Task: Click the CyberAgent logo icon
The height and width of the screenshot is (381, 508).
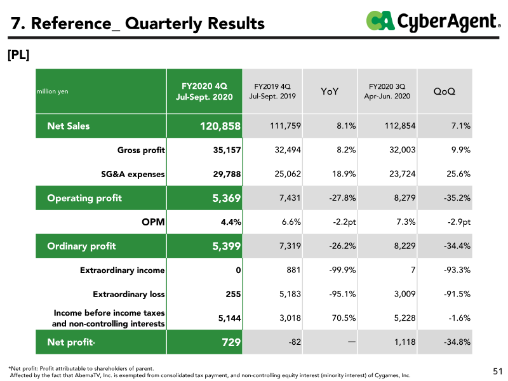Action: (380, 20)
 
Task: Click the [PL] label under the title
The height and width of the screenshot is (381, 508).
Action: (18, 55)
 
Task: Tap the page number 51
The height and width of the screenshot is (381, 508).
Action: (498, 371)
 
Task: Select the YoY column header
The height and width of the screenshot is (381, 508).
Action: (330, 91)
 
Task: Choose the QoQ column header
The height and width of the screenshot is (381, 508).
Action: (444, 91)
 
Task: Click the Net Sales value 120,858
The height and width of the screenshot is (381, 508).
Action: (220, 126)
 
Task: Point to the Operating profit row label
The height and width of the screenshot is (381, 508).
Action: (84, 198)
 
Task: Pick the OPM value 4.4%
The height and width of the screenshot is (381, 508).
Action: (231, 222)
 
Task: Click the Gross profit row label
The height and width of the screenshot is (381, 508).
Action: (141, 150)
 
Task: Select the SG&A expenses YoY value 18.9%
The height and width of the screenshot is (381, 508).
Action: (344, 174)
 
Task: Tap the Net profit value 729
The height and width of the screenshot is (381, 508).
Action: (231, 342)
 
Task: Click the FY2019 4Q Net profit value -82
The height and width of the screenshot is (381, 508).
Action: (295, 342)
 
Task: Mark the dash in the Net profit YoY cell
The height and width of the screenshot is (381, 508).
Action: (352, 342)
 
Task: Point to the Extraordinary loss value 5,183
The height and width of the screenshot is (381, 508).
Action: (290, 294)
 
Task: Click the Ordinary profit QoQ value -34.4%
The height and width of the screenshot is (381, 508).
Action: (457, 246)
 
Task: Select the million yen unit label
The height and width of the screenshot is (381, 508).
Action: (53, 91)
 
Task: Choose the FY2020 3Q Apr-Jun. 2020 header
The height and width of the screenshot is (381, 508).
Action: (387, 91)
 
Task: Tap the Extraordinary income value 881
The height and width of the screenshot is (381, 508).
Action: (293, 270)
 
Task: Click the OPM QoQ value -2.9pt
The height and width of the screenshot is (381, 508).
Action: (457, 222)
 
